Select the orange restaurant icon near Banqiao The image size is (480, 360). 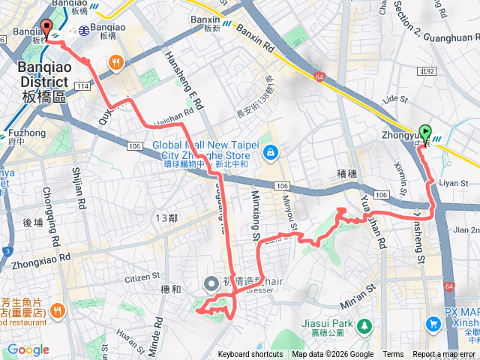pos(115,62)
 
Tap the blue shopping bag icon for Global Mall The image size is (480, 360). pos(269,154)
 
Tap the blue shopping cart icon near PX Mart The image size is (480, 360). pos(433,324)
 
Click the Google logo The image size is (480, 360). pos(28,349)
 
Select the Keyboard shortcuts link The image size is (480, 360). pos(250,355)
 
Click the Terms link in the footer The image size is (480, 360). pos(393,355)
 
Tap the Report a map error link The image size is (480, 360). pos(444,355)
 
